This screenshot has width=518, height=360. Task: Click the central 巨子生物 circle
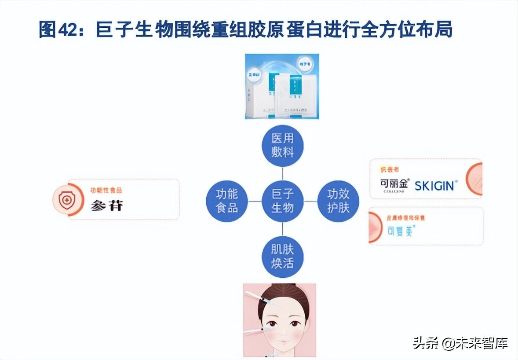(282, 201)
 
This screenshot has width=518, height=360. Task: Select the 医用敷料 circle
(282, 146)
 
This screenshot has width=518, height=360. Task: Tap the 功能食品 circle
(227, 201)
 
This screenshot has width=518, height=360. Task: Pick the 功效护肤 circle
(338, 201)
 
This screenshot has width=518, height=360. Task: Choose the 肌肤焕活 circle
(282, 257)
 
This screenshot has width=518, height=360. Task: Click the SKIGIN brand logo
(434, 185)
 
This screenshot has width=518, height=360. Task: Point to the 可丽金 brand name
(395, 184)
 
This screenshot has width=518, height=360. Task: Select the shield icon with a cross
(67, 200)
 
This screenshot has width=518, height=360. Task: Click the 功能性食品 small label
(106, 190)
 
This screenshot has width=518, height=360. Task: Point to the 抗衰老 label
(390, 169)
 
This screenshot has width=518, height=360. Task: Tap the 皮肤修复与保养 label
(405, 217)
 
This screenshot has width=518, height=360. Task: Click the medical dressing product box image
(282, 86)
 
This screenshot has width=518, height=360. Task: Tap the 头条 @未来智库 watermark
(460, 342)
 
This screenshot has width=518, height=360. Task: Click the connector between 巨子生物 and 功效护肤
(310, 201)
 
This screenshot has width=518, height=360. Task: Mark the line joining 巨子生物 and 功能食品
(255, 201)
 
